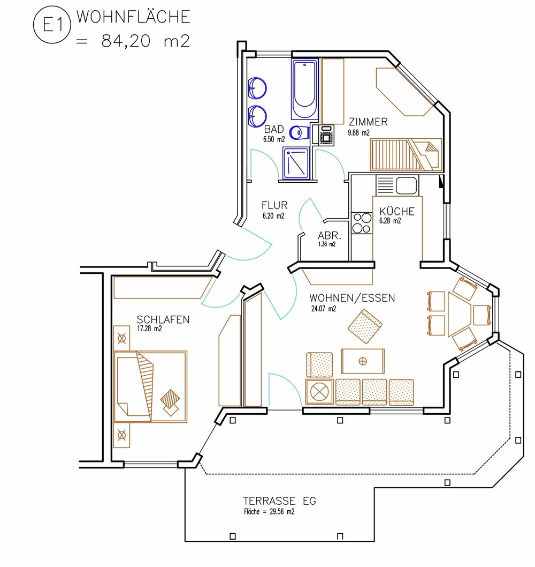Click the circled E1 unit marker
(x=52, y=25)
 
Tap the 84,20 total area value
(x=126, y=41)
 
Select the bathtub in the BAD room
(x=305, y=89)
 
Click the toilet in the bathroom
(x=300, y=133)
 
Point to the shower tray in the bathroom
(x=296, y=163)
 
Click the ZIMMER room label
(x=368, y=122)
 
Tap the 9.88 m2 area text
(x=358, y=133)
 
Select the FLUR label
(x=274, y=205)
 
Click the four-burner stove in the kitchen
(x=362, y=223)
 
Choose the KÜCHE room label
(x=397, y=211)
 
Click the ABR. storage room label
(x=329, y=236)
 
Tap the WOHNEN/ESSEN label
(x=352, y=298)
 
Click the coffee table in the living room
(x=363, y=361)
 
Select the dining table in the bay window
(x=460, y=314)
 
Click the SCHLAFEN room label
(x=163, y=319)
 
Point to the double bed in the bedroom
(x=150, y=386)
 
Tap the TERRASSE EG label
(x=279, y=501)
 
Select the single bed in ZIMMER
(x=406, y=155)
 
